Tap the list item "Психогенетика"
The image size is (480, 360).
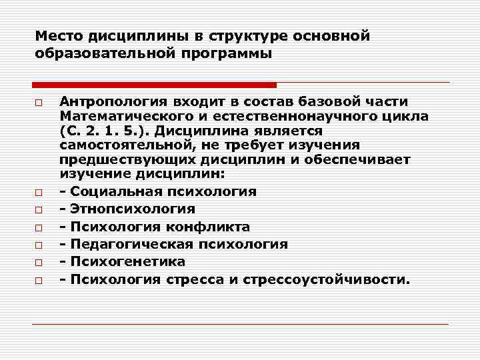[x=127, y=261]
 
